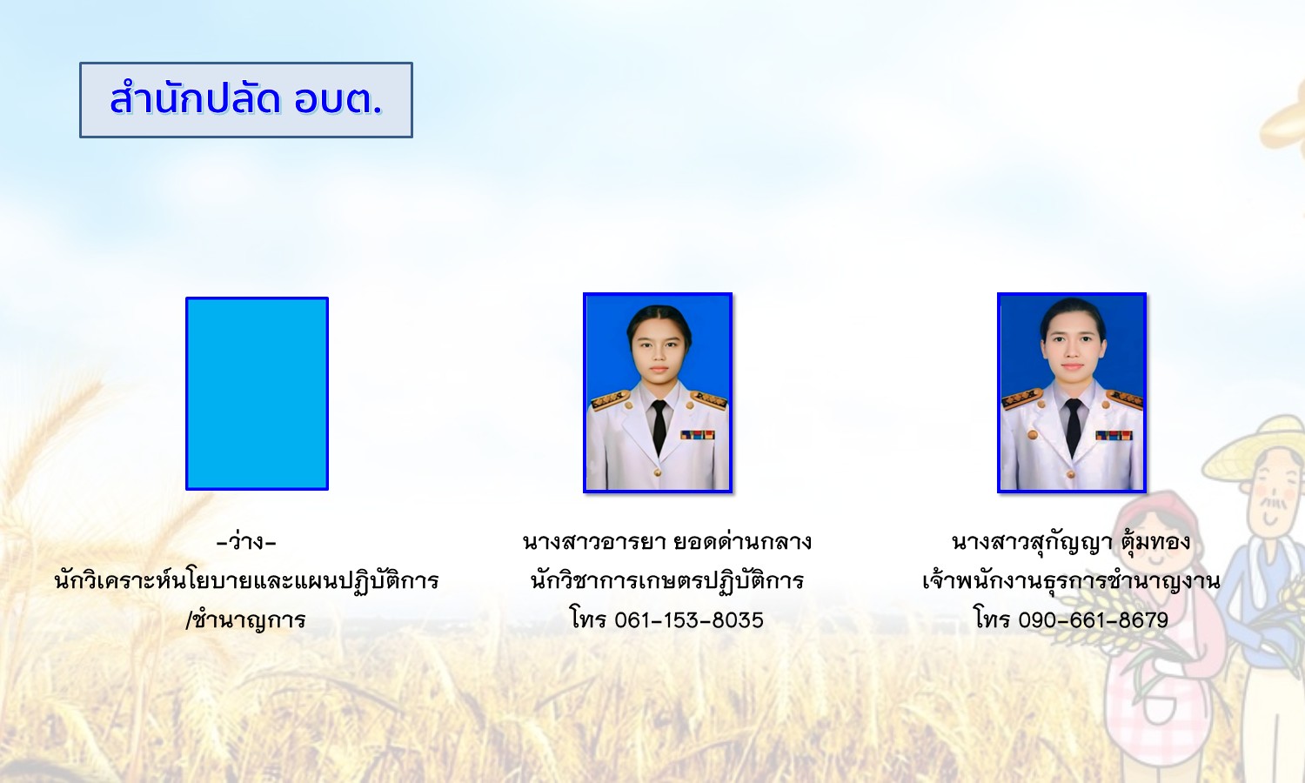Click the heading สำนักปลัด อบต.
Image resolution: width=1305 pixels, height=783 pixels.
click(x=246, y=100)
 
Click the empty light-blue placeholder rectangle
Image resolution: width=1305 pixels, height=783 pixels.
click(x=257, y=393)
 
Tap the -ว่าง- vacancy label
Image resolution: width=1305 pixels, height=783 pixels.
click(x=246, y=543)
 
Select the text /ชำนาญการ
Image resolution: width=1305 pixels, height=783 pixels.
click(x=245, y=619)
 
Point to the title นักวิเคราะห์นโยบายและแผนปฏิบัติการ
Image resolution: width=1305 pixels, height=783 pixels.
click(x=246, y=581)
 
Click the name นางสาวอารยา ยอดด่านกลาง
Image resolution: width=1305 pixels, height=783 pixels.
click(x=667, y=542)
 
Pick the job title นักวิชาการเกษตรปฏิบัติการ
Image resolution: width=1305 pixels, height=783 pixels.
click(x=667, y=581)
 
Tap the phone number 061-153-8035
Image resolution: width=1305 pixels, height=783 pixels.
click(x=689, y=620)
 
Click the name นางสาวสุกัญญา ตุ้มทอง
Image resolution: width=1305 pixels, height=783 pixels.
click(x=1071, y=542)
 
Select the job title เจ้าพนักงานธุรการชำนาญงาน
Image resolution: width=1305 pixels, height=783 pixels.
click(x=1071, y=581)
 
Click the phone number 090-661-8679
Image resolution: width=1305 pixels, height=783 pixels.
click(x=1094, y=620)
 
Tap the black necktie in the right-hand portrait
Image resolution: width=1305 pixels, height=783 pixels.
click(x=1073, y=427)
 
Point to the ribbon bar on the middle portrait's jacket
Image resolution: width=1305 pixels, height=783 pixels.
click(x=698, y=435)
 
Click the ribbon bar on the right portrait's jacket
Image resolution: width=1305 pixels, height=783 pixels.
click(x=1114, y=435)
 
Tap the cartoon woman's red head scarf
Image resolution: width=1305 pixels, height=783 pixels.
click(x=1156, y=525)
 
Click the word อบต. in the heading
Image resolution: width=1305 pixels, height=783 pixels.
click(x=338, y=100)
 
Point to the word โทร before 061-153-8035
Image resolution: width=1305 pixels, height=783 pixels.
click(x=589, y=619)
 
